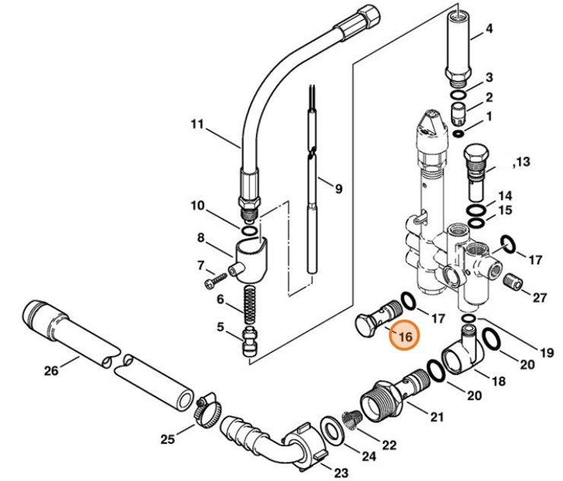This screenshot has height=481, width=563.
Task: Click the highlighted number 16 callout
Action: [404, 336]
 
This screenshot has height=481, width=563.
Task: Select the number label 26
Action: [50, 371]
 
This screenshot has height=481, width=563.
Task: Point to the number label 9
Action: [339, 188]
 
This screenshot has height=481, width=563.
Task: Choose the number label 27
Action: [539, 297]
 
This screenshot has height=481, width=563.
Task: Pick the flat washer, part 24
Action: [332, 432]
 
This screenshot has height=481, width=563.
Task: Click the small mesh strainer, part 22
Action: [351, 419]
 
